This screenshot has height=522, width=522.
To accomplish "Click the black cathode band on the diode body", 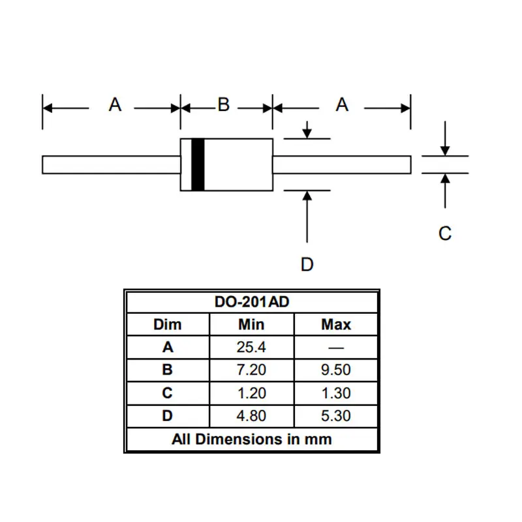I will (x=198, y=164).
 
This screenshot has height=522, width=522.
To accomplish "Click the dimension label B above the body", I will (x=224, y=104).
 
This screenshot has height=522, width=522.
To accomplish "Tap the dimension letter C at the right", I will (x=445, y=233).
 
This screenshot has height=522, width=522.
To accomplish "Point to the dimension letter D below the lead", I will (x=307, y=264).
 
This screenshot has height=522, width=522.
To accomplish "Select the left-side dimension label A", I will (x=115, y=104).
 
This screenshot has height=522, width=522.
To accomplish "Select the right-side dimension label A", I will (x=342, y=104).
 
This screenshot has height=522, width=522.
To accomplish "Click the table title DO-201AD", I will (x=251, y=303).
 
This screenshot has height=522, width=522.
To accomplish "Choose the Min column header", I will (x=251, y=324).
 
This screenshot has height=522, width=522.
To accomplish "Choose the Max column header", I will (x=336, y=324).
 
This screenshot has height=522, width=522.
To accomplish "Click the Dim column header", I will (x=168, y=324).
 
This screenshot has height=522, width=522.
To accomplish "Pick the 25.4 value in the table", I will (x=251, y=347).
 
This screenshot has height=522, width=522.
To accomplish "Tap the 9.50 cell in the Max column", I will (x=336, y=370).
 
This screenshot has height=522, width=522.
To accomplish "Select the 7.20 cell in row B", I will (x=251, y=370).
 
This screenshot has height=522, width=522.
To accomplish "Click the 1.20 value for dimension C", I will (x=251, y=393).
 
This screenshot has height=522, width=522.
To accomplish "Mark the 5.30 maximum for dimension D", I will (x=336, y=416).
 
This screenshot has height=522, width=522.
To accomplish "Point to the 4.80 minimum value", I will (x=251, y=416).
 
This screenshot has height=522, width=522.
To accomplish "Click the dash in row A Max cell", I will (x=336, y=347).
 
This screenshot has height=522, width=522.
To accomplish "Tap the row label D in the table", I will (x=168, y=416).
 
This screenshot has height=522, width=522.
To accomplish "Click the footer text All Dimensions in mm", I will (x=251, y=438).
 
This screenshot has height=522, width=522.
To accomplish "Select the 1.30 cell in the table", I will (x=336, y=393).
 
